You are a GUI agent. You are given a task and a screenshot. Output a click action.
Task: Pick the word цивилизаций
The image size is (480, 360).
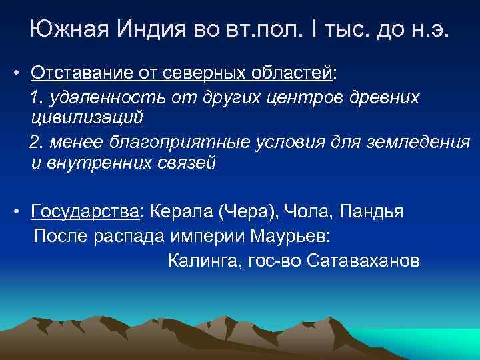click(87, 118)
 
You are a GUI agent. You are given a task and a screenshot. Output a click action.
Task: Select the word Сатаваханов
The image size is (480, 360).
click(364, 260)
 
